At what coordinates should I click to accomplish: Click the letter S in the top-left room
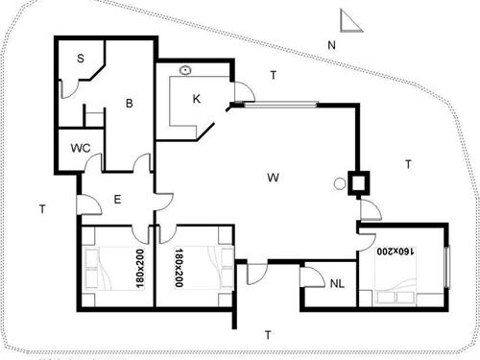81,59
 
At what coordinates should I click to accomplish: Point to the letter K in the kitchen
196,98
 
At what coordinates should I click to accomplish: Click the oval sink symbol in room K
184,70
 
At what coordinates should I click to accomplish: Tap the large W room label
273,178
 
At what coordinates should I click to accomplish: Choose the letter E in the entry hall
116,199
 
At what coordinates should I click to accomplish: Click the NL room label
336,283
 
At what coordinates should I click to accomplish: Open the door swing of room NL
314,276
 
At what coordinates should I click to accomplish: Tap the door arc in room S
68,89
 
